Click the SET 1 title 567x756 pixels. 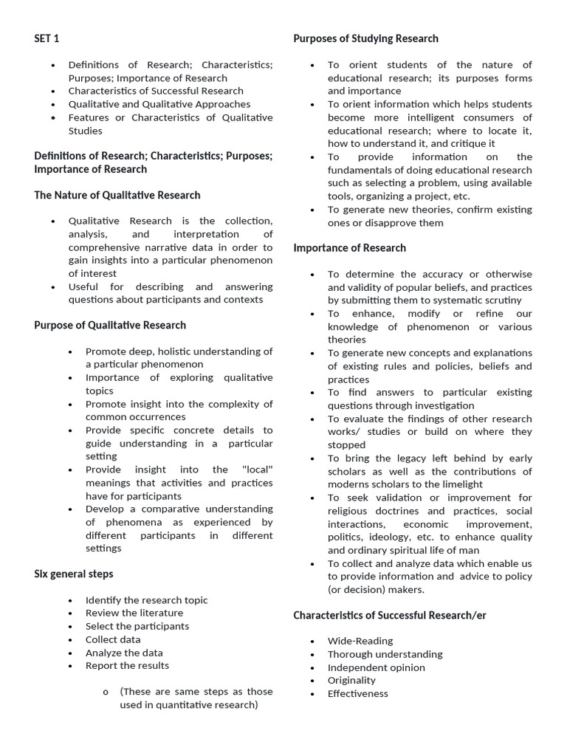click(x=47, y=38)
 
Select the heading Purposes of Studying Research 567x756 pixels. click(x=365, y=38)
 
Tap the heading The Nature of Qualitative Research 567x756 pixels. click(x=117, y=195)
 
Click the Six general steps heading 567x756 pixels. click(x=74, y=574)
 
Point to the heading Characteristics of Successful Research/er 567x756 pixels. click(x=390, y=615)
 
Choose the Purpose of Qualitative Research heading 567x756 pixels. click(x=110, y=325)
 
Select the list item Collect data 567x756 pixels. click(x=113, y=639)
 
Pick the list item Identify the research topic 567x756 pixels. click(x=147, y=600)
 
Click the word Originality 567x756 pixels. click(x=351, y=680)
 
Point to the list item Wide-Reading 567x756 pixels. click(x=360, y=641)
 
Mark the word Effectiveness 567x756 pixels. click(x=358, y=693)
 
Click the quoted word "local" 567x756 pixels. click(x=257, y=470)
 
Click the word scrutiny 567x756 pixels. click(x=501, y=300)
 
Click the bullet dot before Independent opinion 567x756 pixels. click(x=312, y=667)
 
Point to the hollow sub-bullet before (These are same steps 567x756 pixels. click(x=106, y=692)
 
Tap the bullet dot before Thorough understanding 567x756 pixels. click(x=312, y=654)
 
